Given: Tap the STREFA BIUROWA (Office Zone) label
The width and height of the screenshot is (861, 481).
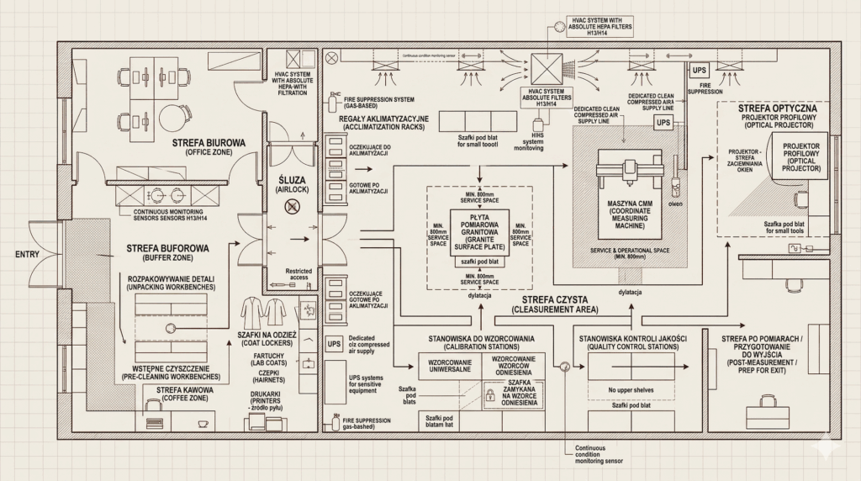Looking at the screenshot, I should point(209,148).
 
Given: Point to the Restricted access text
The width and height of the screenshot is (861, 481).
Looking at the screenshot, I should point(298,273).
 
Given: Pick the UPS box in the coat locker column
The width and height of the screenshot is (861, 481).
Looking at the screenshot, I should point(334,344).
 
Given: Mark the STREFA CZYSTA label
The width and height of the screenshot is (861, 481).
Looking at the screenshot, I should point(554,304).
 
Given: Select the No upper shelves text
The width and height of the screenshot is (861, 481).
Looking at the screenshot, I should point(629,389).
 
